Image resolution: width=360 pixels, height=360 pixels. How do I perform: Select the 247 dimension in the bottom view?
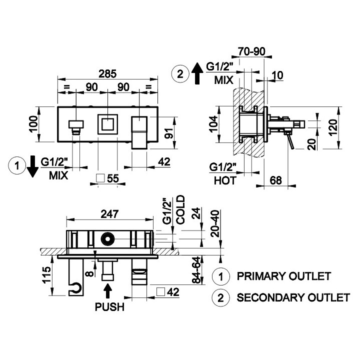(x=109, y=214)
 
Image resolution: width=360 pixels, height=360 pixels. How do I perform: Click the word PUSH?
(x=109, y=307)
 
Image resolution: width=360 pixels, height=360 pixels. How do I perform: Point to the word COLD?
(x=180, y=211)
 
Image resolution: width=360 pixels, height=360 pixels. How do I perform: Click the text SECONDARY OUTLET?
(x=293, y=298)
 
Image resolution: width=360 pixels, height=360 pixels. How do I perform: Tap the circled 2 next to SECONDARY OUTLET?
(x=220, y=298)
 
